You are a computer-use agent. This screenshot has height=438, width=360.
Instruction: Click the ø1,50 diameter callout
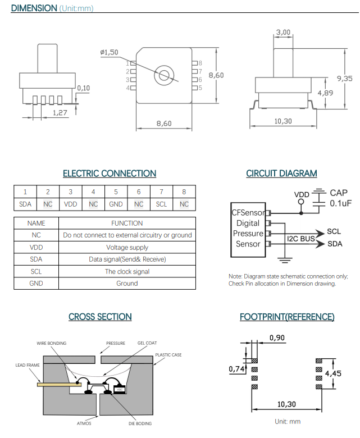(109, 52)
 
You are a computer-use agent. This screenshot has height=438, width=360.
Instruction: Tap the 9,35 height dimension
(345, 79)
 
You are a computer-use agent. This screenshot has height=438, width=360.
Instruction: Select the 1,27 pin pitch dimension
(60, 113)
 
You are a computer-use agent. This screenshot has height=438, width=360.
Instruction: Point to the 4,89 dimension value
(325, 93)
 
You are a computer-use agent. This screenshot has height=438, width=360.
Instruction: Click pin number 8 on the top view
(200, 63)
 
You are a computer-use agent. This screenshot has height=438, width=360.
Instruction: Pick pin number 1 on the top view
(127, 63)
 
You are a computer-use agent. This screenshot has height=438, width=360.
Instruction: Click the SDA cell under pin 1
(25, 204)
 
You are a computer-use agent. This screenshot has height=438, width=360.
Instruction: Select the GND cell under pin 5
(116, 204)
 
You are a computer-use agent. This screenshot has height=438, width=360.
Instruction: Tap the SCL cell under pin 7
(161, 204)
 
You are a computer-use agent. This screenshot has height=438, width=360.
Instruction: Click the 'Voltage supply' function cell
(127, 248)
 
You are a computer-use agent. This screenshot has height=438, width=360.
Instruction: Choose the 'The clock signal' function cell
(127, 272)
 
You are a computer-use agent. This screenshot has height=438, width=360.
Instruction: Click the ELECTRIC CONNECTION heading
(110, 174)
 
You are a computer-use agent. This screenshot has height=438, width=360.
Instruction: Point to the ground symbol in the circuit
(285, 261)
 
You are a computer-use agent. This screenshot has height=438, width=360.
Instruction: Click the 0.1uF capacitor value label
(341, 203)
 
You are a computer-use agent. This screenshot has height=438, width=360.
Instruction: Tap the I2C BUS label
(301, 239)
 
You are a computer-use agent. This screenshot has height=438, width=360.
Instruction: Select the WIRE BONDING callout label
(52, 343)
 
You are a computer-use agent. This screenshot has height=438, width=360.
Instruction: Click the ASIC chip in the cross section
(120, 389)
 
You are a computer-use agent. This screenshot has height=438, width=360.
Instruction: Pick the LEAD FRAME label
(28, 365)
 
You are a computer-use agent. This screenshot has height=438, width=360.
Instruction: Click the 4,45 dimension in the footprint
(333, 373)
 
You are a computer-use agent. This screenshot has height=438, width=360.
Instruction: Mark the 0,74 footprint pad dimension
(236, 369)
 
